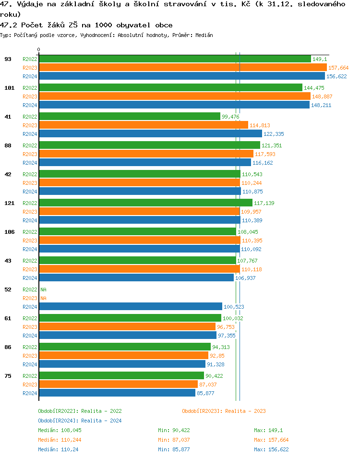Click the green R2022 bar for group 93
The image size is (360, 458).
(x=175, y=59)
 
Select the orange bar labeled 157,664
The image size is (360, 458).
(x=182, y=68)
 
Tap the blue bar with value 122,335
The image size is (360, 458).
(x=150, y=134)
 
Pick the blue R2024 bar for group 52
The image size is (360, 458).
(x=130, y=307)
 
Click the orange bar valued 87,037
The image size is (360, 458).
(x=118, y=385)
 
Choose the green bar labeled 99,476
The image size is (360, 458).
(x=130, y=117)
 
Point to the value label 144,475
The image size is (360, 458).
(x=314, y=88)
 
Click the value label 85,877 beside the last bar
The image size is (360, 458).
(x=205, y=393)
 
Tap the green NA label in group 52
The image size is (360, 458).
(x=43, y=289)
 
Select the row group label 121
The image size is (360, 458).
(x=9, y=203)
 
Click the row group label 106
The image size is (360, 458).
(x=9, y=232)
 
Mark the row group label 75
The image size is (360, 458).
(x=8, y=376)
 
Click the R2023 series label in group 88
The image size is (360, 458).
(x=30, y=154)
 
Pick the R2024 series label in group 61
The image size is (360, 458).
(x=30, y=336)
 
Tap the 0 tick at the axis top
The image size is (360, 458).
(x=39, y=50)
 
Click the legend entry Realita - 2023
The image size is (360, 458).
(x=224, y=411)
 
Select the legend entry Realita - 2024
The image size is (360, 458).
(x=80, y=421)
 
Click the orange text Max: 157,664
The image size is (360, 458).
(x=271, y=440)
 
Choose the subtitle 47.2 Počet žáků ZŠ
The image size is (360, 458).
(x=86, y=25)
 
